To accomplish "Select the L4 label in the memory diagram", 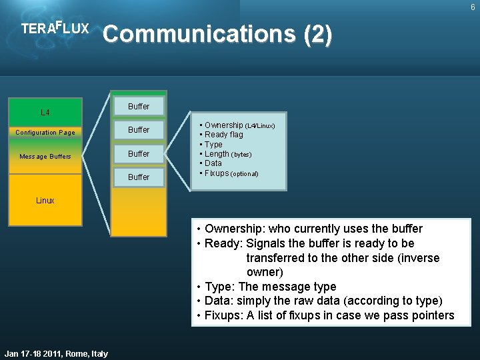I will [x=45, y=112].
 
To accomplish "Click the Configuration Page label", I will [x=45, y=133].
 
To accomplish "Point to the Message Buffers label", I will [x=45, y=157].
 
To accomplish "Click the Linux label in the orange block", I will [x=45, y=201].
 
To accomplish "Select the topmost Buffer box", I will [x=139, y=106].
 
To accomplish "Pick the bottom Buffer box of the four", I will [x=139, y=177].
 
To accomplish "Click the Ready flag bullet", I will [x=223, y=135].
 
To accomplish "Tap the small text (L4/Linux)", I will [x=260, y=126].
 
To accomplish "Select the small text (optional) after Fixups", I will [x=244, y=174].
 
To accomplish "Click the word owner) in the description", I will [x=265, y=272].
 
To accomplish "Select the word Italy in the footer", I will [x=98, y=353].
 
